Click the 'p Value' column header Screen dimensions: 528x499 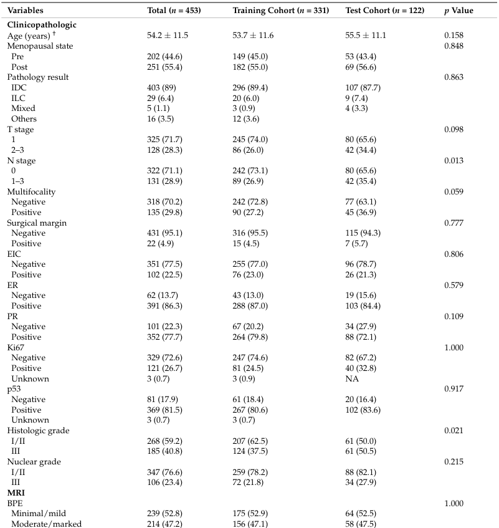[x=458, y=11]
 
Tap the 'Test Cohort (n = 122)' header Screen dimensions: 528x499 [x=386, y=11]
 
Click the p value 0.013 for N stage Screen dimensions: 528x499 [x=453, y=160]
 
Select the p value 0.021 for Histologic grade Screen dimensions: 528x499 [x=453, y=430]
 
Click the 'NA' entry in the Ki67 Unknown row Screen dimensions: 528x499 [x=351, y=378]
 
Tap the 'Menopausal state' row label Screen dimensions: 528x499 [x=40, y=46]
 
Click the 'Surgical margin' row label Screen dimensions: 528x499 [x=37, y=223]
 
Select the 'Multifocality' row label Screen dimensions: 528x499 [x=33, y=191]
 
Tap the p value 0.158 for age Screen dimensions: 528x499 [x=453, y=36]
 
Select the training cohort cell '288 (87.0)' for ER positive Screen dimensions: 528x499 [x=254, y=305]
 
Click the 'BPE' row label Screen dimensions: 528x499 [x=14, y=502]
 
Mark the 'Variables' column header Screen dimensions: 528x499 [x=25, y=11]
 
